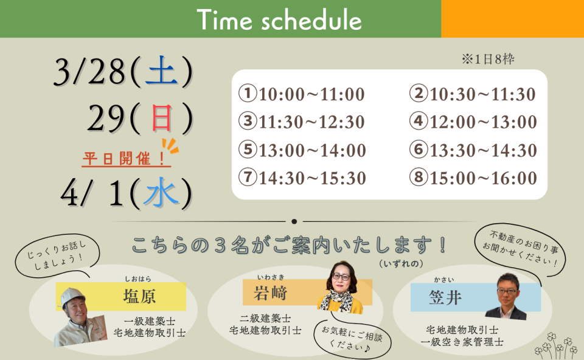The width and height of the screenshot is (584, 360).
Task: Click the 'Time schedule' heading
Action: click(x=279, y=19)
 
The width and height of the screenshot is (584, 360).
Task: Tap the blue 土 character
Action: click(x=161, y=71)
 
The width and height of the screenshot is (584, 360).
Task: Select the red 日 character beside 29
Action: click(x=162, y=118)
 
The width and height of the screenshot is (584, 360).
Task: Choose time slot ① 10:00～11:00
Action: click(x=302, y=94)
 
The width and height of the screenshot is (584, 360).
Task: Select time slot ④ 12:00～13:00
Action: click(x=473, y=122)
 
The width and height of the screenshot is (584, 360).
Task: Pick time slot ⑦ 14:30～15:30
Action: click(x=302, y=178)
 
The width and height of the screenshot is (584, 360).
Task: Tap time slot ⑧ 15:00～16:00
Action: click(x=473, y=178)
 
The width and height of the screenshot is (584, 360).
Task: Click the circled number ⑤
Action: click(x=248, y=149)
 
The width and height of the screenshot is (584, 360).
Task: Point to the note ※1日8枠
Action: click(x=488, y=59)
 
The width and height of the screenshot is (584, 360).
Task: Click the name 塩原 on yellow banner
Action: click(x=139, y=297)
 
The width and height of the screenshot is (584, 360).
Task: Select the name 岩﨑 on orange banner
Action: click(x=270, y=292)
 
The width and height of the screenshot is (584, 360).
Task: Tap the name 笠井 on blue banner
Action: click(x=445, y=297)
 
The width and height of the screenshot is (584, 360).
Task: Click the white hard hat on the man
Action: click(x=72, y=296)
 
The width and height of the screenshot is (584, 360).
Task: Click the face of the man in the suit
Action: click(x=507, y=291)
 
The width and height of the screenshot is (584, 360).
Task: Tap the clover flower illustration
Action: click(x=556, y=346)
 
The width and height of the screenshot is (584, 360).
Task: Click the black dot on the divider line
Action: click(x=294, y=221)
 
